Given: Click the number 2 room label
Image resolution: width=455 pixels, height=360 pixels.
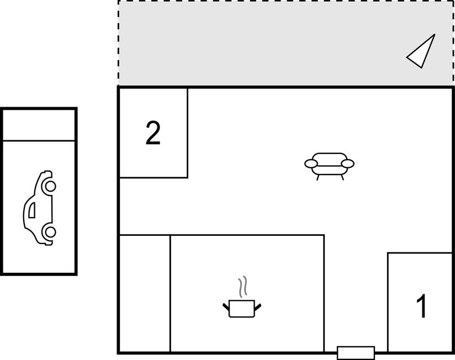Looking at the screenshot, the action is click(x=153, y=133).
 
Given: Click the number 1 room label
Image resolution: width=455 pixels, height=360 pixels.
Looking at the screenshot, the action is click(x=422, y=306).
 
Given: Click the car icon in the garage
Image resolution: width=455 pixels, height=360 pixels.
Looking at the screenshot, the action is click(x=39, y=208).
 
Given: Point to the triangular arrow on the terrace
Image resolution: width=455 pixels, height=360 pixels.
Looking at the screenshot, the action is click(x=421, y=51).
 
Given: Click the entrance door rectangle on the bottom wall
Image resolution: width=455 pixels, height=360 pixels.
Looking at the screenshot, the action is click(x=356, y=353).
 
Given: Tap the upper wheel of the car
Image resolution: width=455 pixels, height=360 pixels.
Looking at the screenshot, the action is click(x=50, y=187).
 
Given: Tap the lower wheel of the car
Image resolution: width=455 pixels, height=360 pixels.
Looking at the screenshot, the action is click(x=50, y=232).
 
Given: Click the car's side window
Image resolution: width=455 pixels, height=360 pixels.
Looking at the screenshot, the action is click(x=32, y=210).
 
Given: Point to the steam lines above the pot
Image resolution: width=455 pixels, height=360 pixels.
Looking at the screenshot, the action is click(x=243, y=287).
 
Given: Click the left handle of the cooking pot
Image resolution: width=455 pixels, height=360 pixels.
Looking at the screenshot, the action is click(x=226, y=306).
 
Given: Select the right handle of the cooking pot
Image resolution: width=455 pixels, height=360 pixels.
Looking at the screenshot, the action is click(x=258, y=306).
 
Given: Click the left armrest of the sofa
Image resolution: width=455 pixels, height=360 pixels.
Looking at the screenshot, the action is click(x=311, y=163).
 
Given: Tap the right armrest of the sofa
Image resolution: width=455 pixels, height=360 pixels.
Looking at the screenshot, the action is click(x=348, y=163).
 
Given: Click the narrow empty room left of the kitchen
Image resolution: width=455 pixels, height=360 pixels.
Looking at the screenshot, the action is click(x=145, y=294).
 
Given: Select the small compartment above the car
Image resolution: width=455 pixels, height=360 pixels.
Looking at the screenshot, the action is click(x=39, y=125).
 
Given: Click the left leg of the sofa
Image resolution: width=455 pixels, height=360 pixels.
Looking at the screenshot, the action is click(x=318, y=177).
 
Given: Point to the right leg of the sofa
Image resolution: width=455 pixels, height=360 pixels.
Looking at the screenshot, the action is click(x=342, y=177).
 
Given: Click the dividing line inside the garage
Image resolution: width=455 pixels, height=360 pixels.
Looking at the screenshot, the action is click(x=39, y=141).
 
